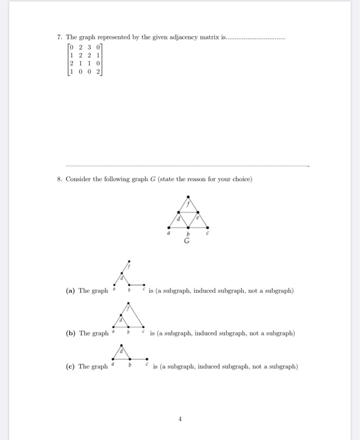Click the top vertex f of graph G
click(188, 197)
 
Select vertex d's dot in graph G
click(178, 212)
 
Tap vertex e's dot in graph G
click(199, 212)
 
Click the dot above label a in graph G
click(168, 228)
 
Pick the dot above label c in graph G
click(209, 228)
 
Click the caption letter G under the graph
click(188, 240)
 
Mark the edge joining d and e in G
click(188, 212)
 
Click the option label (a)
click(70, 291)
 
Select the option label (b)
click(71, 333)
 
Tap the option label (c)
click(70, 366)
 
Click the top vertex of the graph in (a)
click(129, 261)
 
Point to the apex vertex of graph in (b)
click(129, 302)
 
